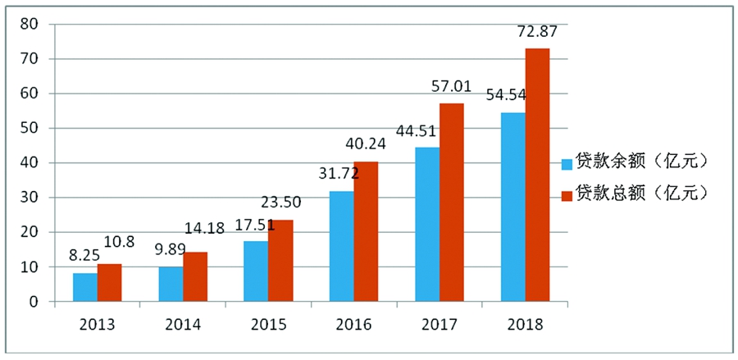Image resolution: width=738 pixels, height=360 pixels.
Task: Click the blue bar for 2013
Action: [84, 287]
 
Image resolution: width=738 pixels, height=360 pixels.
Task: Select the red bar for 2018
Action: [537, 175]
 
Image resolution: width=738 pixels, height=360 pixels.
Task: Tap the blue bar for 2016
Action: [342, 246]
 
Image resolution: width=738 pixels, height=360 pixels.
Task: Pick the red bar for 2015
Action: [280, 261]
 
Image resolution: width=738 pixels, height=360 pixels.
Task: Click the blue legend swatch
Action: [565, 162]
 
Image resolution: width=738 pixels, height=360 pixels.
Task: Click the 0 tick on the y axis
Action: [34, 302]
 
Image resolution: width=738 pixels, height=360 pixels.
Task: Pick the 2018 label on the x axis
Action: [525, 324]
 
